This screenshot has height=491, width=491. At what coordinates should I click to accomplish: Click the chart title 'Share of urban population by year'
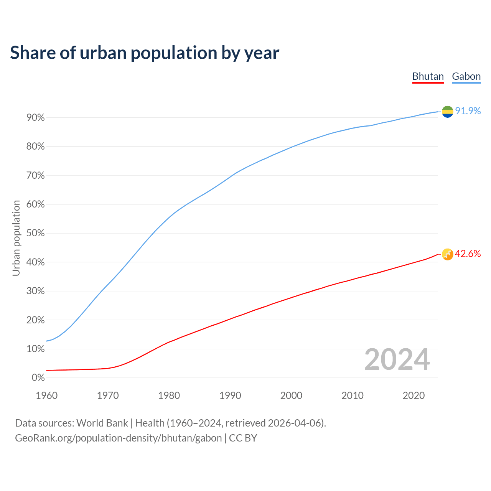[145, 53]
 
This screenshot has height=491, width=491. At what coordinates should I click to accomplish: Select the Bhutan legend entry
[428, 76]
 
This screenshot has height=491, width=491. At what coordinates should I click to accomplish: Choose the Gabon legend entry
[466, 76]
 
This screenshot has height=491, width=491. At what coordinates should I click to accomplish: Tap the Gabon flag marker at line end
[447, 112]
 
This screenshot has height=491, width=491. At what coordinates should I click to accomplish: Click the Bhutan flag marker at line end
[447, 254]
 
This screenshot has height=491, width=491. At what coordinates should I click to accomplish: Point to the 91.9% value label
[468, 111]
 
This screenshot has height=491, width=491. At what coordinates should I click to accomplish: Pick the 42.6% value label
[468, 254]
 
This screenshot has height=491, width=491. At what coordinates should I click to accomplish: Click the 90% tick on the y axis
[36, 118]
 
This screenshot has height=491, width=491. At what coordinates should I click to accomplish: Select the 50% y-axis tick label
[36, 234]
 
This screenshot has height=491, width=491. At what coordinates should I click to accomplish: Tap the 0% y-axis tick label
[38, 378]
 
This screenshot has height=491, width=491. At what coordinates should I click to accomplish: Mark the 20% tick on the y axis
[36, 320]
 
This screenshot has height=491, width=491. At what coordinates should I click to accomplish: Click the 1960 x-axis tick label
[47, 395]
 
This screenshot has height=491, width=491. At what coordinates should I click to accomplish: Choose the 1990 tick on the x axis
[230, 395]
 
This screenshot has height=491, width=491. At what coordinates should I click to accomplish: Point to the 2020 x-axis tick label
[414, 395]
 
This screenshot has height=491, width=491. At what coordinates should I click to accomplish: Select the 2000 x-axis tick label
[291, 395]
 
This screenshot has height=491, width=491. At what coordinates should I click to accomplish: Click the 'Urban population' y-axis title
[16, 238]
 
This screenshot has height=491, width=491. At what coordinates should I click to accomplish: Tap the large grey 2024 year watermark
[397, 360]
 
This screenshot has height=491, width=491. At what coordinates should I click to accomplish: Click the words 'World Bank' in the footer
[102, 423]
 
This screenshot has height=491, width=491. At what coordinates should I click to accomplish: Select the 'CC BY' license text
[243, 438]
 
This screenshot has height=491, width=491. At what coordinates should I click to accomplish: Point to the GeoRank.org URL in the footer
[118, 438]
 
